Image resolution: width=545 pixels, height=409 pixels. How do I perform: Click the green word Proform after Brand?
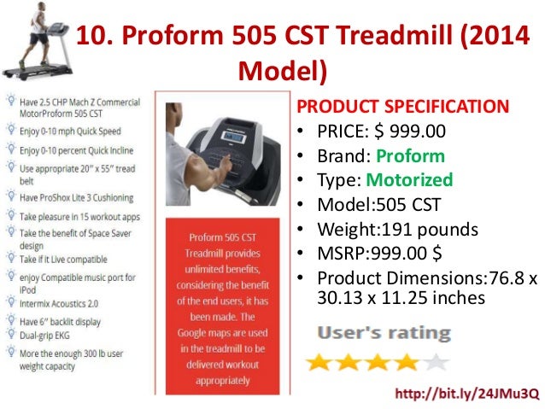coord(410,156)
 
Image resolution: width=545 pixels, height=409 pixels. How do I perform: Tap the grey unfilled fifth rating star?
coord(437,361)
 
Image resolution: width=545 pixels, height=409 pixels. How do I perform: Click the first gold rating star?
coord(320,361)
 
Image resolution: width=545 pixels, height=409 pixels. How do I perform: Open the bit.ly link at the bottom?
coord(466,393)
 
